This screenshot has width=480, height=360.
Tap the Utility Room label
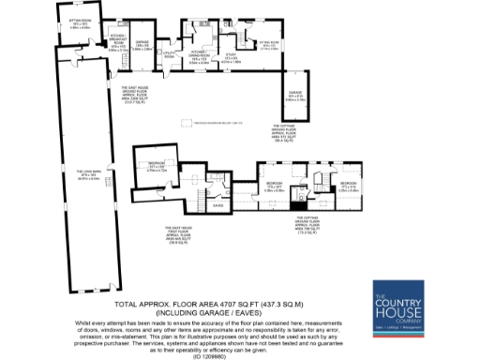tap(170, 56)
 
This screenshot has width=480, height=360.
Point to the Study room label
tap(231, 57)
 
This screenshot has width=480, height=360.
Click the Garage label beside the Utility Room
tap(143, 44)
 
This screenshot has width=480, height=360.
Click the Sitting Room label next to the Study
tap(269, 43)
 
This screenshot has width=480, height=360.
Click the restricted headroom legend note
tap(217, 121)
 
